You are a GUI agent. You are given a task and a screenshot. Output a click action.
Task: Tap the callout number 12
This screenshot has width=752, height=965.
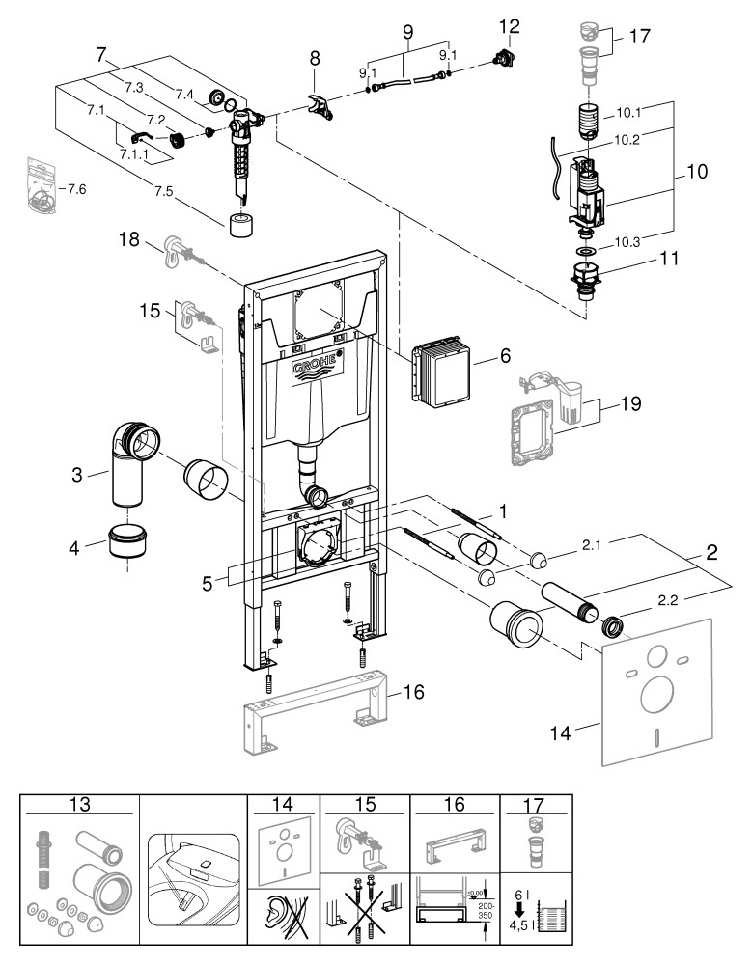[x=509, y=26]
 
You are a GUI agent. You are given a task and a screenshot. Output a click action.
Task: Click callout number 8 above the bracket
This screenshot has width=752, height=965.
[x=315, y=59]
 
